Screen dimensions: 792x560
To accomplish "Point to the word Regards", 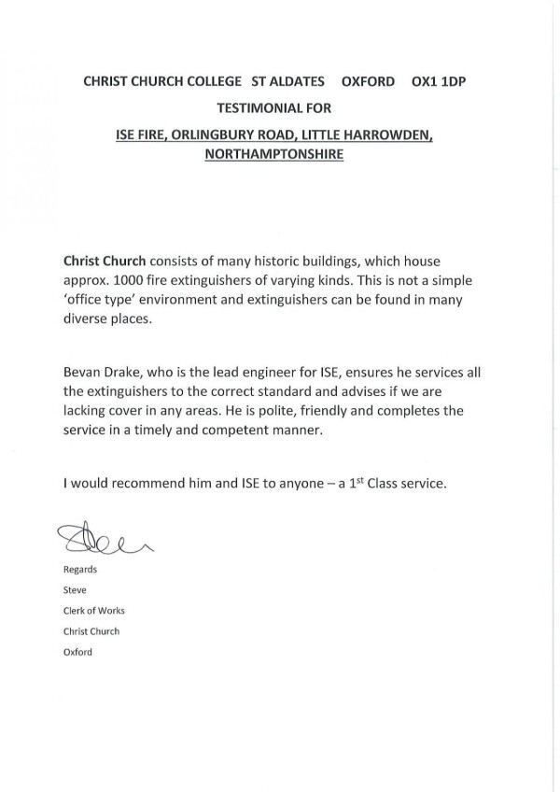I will click(78, 568).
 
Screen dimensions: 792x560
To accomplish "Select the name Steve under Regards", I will click(74, 589).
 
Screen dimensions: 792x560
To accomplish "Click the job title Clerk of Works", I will click(93, 610).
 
